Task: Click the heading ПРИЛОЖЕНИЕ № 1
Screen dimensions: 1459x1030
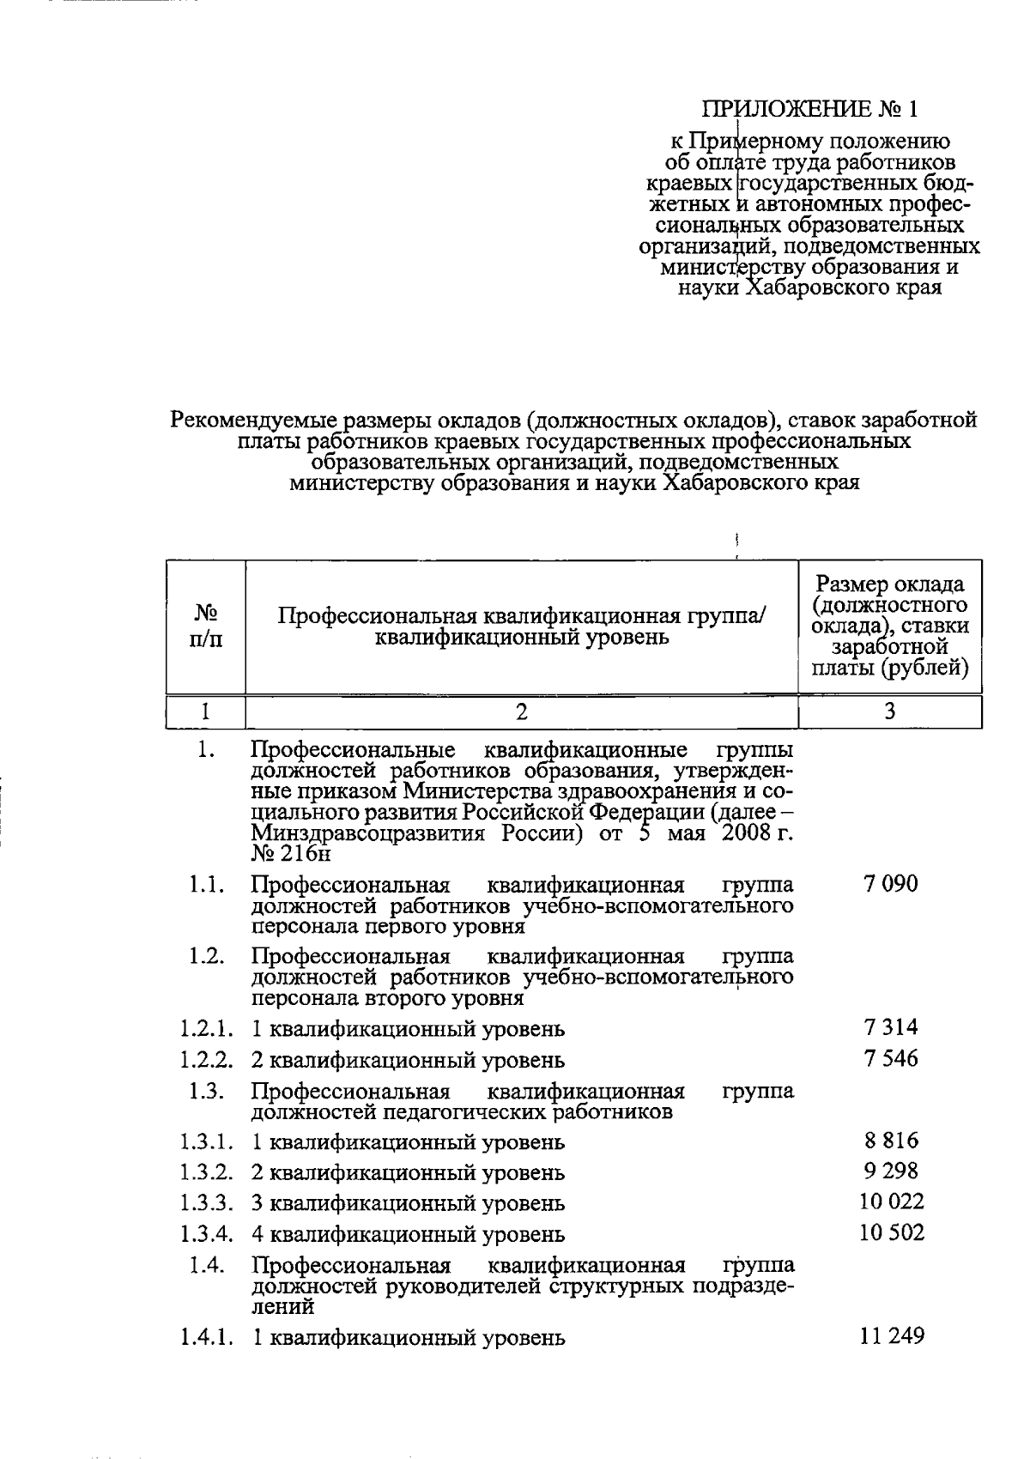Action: tap(810, 109)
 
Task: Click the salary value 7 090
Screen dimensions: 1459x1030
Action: tap(890, 883)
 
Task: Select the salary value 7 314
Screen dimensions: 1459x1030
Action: tap(890, 1026)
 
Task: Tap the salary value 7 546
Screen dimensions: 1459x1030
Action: tap(890, 1058)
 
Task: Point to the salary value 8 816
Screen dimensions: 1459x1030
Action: tap(890, 1140)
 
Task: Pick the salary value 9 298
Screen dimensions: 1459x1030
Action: tap(890, 1171)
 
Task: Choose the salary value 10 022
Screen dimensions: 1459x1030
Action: tap(891, 1202)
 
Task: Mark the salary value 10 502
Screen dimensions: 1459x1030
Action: tap(891, 1233)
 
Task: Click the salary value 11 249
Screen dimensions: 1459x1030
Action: tap(891, 1335)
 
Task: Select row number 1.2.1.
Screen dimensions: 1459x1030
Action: tap(206, 1028)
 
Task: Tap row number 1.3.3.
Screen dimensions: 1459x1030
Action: tap(206, 1203)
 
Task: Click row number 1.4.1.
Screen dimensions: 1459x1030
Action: tap(206, 1337)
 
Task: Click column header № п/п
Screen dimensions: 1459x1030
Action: tap(205, 627)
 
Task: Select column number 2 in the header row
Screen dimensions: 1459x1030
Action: tap(521, 711)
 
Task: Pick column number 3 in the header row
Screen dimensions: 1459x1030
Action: tap(889, 711)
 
